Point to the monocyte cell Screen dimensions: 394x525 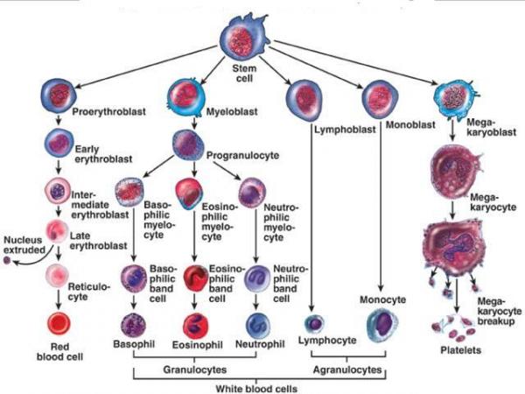(x=381, y=324)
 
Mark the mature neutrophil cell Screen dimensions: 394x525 (x=258, y=325)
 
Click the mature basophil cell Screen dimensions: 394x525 (x=134, y=325)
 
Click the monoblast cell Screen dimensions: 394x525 (x=382, y=97)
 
